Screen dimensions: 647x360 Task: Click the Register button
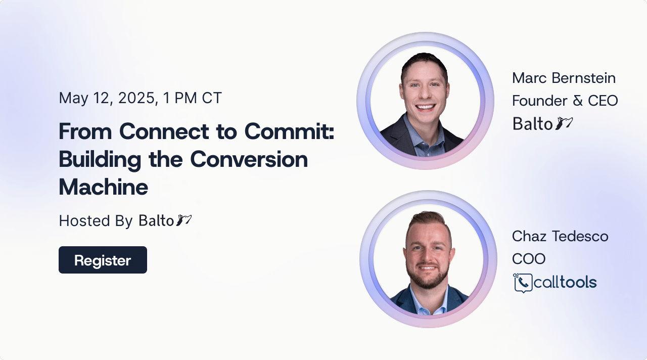click(103, 260)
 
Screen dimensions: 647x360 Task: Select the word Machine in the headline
click(104, 187)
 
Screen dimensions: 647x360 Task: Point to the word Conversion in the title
click(249, 159)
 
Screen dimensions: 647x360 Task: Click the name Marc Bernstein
click(564, 78)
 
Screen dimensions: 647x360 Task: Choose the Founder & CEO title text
click(565, 101)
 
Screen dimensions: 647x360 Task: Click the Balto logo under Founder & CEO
click(542, 124)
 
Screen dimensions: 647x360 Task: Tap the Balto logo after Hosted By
click(165, 220)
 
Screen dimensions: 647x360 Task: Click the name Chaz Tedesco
click(560, 236)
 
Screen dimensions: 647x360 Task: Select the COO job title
click(529, 258)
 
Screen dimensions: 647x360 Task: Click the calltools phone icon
click(523, 283)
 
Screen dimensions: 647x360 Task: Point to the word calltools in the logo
click(565, 282)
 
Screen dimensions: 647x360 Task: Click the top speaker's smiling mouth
click(425, 108)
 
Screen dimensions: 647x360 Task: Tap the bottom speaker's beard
click(428, 277)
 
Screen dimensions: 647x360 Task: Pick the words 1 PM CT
click(192, 98)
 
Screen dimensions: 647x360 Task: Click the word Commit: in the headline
click(289, 131)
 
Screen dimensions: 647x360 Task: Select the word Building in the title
click(100, 160)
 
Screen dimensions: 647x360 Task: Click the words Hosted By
click(96, 221)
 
